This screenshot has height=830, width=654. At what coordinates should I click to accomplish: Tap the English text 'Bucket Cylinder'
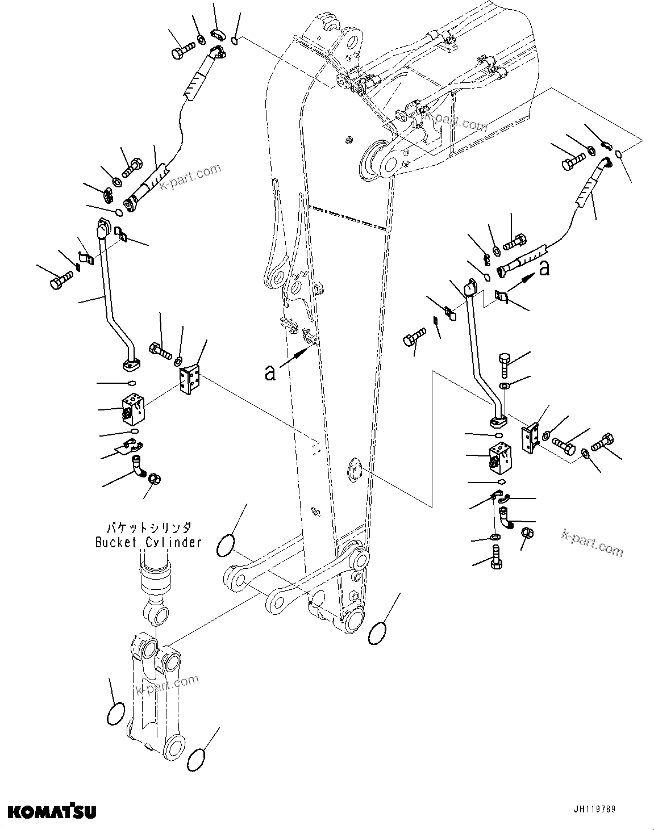(x=148, y=542)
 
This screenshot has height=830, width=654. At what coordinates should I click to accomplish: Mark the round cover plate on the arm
(x=353, y=472)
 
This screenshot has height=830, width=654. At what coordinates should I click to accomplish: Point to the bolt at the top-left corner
(x=181, y=51)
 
